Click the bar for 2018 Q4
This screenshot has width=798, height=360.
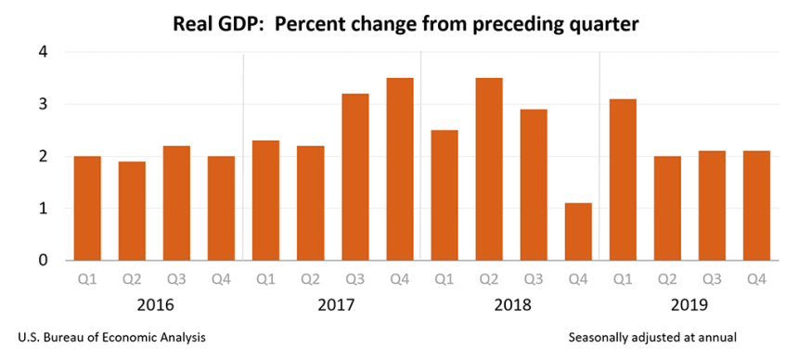point(577,232)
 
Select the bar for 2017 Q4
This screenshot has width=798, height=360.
point(399,169)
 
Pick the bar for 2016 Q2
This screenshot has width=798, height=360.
point(132,211)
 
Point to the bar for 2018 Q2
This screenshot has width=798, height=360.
point(488,169)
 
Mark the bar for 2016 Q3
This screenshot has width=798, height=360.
point(176,203)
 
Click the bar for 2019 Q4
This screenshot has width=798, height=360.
point(756,205)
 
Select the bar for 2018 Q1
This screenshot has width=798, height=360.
point(444,195)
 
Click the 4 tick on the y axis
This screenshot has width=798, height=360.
point(42,53)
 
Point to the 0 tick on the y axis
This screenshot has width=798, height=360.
point(42,261)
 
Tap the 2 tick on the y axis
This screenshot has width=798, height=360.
point(42,157)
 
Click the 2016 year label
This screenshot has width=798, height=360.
point(154,303)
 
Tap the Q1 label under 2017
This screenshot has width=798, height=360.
point(265,277)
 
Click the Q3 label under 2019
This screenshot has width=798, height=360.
point(712,277)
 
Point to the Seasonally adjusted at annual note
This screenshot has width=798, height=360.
point(654,337)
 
